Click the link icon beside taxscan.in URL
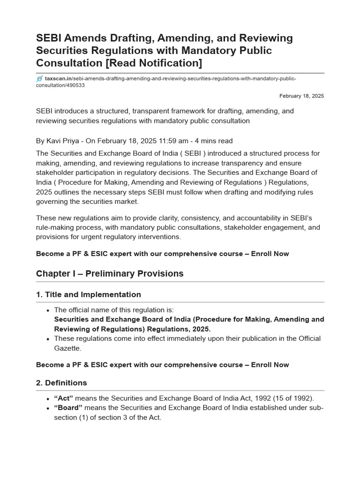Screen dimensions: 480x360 coord(39,79)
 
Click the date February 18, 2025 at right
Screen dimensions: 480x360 coord(301,96)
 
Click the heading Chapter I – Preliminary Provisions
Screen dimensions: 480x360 coord(110,274)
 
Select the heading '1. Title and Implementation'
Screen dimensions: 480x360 coord(88,295)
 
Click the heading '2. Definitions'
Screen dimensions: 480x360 coord(61,383)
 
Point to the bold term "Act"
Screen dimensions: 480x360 coord(64,398)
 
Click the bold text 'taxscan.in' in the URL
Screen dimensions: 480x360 coord(58,79)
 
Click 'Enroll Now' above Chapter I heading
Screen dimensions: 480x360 coord(270,254)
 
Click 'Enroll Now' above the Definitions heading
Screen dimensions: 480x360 coord(270,365)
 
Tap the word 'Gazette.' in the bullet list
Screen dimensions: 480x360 coord(68,348)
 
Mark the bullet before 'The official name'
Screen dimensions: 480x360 coord(48,310)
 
